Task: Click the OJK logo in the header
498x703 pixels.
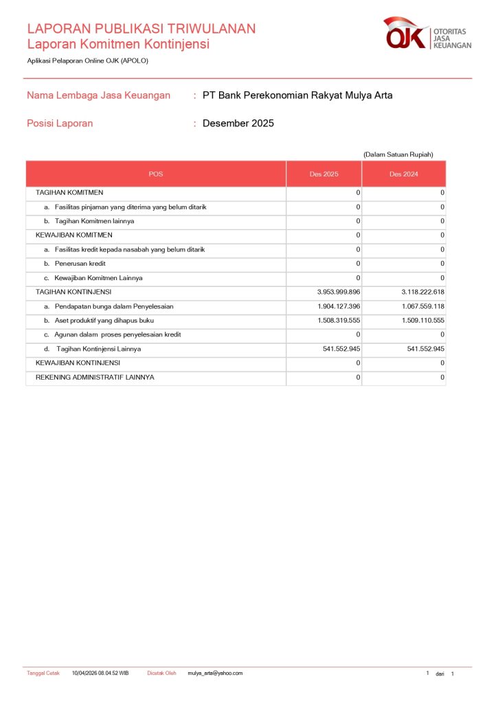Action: [427, 34]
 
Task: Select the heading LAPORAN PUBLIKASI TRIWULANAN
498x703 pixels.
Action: [142, 28]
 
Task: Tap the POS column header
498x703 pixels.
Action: [156, 174]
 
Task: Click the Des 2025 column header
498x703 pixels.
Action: [324, 174]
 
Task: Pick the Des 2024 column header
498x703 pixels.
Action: [403, 174]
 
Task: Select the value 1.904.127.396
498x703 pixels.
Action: [339, 306]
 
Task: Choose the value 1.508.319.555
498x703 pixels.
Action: [339, 321]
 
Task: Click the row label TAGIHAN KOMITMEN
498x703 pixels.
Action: [69, 193]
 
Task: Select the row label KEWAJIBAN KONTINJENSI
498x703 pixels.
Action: [78, 362]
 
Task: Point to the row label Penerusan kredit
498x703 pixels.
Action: [80, 264]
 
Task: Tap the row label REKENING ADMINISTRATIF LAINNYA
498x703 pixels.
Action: [95, 377]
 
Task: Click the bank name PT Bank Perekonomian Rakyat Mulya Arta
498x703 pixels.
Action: [297, 95]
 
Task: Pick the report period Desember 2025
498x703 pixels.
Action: [238, 124]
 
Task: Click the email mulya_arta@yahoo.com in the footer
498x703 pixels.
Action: [215, 673]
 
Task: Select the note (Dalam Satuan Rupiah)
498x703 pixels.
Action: [398, 154]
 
